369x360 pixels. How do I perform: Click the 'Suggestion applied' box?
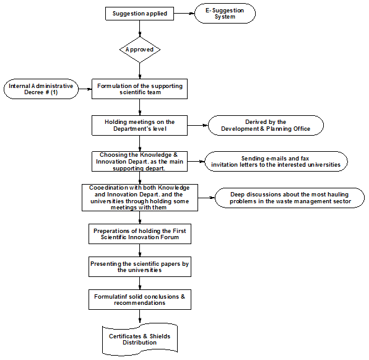click(139, 14)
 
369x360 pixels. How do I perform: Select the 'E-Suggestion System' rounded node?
click(225, 14)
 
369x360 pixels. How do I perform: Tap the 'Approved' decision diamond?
click(140, 50)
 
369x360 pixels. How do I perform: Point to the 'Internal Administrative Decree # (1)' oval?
click(41, 89)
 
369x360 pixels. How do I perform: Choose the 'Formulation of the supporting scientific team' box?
click(139, 89)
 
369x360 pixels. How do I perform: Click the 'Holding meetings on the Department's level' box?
click(139, 126)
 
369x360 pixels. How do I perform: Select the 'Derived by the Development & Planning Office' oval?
click(266, 126)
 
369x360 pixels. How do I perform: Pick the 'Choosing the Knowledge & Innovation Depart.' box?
click(139, 162)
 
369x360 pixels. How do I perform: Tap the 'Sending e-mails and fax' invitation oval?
click(276, 162)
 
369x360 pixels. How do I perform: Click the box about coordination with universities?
click(140, 198)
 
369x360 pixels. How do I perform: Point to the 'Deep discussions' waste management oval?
click(290, 198)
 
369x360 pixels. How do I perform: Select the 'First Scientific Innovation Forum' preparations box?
click(140, 234)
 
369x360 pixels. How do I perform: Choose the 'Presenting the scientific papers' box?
click(140, 267)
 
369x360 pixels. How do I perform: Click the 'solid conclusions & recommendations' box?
click(140, 300)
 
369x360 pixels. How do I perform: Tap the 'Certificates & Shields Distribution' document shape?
click(140, 340)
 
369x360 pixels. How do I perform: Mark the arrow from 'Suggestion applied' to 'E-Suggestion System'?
click(184, 14)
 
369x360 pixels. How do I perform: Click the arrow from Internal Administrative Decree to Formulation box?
click(85, 89)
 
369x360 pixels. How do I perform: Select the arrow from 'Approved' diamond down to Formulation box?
click(140, 71)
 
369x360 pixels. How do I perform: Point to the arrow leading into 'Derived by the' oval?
click(198, 126)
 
